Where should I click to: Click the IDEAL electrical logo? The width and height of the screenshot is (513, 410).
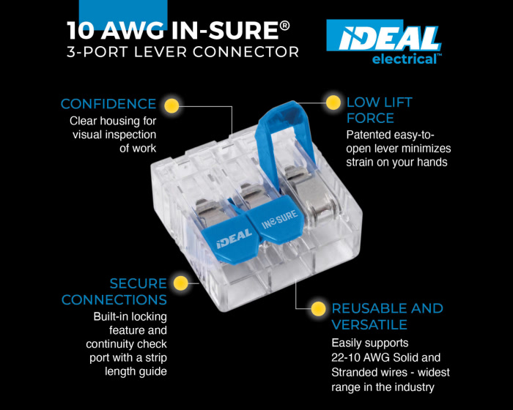pos(384,42)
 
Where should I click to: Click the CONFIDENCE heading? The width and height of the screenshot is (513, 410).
pos(108,104)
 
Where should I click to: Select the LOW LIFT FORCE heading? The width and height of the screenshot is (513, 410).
pos(379,110)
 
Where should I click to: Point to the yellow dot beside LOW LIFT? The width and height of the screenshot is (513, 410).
pos(333,103)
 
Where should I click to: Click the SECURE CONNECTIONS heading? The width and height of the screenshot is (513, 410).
pos(114,291)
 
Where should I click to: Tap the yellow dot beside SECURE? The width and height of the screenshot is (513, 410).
pos(181,283)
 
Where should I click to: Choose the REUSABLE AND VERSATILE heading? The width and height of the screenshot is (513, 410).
pos(388,316)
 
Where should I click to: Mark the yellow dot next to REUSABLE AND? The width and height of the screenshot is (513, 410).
pos(318,309)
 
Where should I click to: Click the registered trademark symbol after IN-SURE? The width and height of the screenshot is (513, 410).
pos(285,26)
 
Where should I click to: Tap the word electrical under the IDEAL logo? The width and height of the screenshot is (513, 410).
pos(405,59)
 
